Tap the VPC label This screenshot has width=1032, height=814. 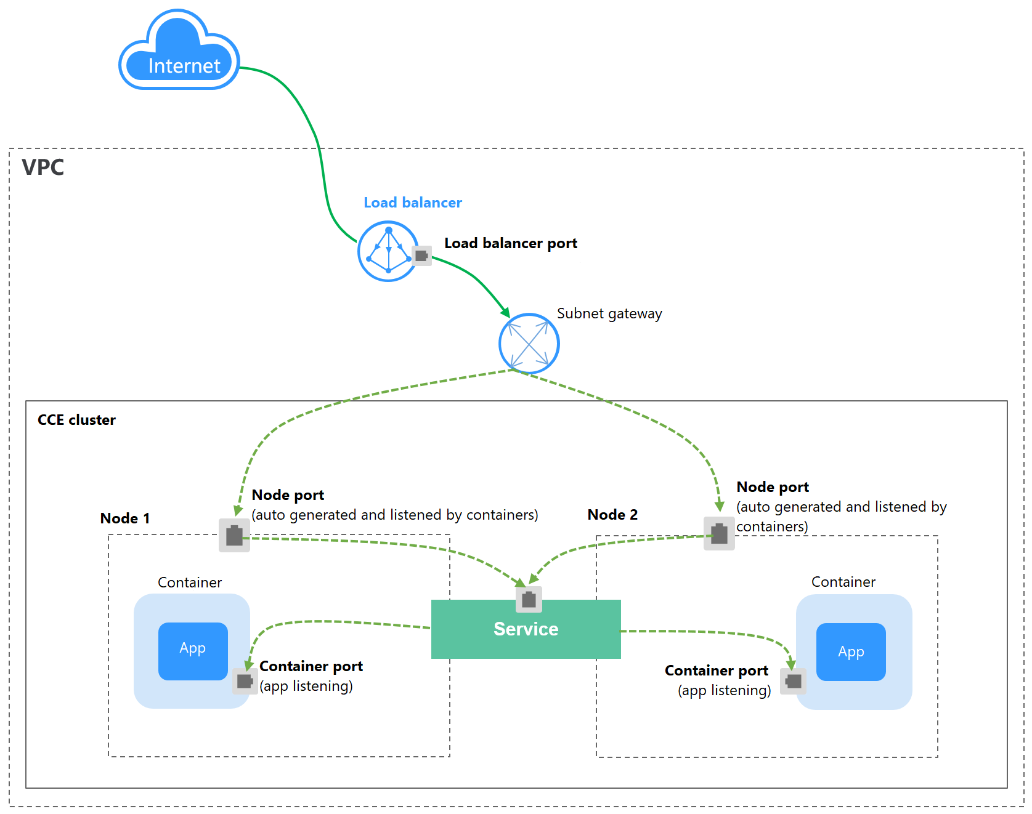(x=43, y=167)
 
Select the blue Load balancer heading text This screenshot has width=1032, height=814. (x=412, y=203)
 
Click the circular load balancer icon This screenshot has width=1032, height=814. (x=388, y=251)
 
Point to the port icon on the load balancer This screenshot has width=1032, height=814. (x=421, y=255)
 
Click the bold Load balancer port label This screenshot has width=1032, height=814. (x=510, y=243)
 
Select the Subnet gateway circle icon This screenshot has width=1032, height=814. (x=529, y=344)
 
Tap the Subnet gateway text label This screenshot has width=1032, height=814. (x=609, y=313)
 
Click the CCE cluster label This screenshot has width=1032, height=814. (x=76, y=420)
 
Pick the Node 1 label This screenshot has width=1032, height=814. (x=124, y=518)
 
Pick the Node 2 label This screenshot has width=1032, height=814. (x=612, y=515)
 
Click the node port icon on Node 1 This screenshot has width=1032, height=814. (x=234, y=535)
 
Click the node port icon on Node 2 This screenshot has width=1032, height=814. (x=719, y=533)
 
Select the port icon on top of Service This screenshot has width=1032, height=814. (x=529, y=599)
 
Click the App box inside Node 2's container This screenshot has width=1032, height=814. (x=851, y=651)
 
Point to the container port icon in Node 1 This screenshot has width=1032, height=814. (x=245, y=681)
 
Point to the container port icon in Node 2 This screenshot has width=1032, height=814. (x=793, y=681)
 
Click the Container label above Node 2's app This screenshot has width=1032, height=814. (x=843, y=582)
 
